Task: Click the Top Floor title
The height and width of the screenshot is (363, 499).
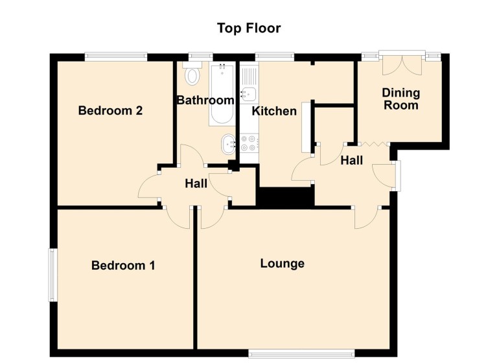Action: click(x=249, y=29)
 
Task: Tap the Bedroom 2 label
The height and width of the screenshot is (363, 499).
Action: click(x=110, y=111)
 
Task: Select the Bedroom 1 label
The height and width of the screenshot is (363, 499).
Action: click(x=123, y=266)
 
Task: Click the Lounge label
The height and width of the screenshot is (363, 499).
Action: click(x=283, y=264)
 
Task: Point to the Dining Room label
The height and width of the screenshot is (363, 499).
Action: click(x=400, y=99)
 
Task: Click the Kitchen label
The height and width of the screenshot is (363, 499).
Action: click(x=274, y=111)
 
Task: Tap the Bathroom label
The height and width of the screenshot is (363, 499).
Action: click(x=205, y=100)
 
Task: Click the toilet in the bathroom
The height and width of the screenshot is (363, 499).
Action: click(x=192, y=75)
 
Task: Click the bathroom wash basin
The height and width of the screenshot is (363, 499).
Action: click(x=228, y=145)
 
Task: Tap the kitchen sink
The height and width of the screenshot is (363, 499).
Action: click(x=248, y=95)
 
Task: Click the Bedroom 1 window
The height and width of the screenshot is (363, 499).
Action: click(x=52, y=275)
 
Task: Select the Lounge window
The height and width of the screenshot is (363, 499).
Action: click(x=301, y=353)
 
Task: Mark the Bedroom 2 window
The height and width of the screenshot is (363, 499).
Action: click(x=116, y=56)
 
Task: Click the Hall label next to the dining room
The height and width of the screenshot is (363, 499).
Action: click(x=351, y=160)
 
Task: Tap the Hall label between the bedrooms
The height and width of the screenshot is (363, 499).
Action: click(x=196, y=184)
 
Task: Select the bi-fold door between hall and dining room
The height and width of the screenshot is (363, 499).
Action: click(x=373, y=144)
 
